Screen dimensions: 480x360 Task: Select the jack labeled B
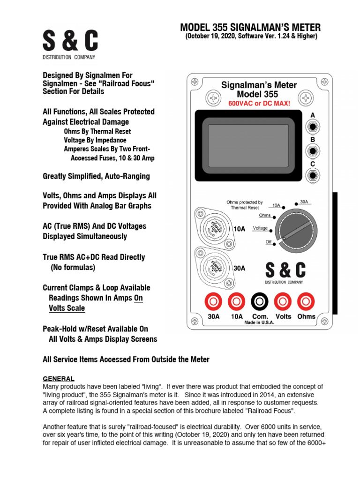[312, 151]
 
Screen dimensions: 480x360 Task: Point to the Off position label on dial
[269, 242]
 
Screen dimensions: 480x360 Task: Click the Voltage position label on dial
[261, 228]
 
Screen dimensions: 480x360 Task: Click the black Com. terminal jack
[259, 300]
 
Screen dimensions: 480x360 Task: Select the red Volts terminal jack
[283, 300]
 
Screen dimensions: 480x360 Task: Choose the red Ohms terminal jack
[307, 300]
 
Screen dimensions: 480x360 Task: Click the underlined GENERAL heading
[59, 378]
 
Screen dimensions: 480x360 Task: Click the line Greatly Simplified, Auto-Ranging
[96, 177]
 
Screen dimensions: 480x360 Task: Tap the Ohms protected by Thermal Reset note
[245, 205]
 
